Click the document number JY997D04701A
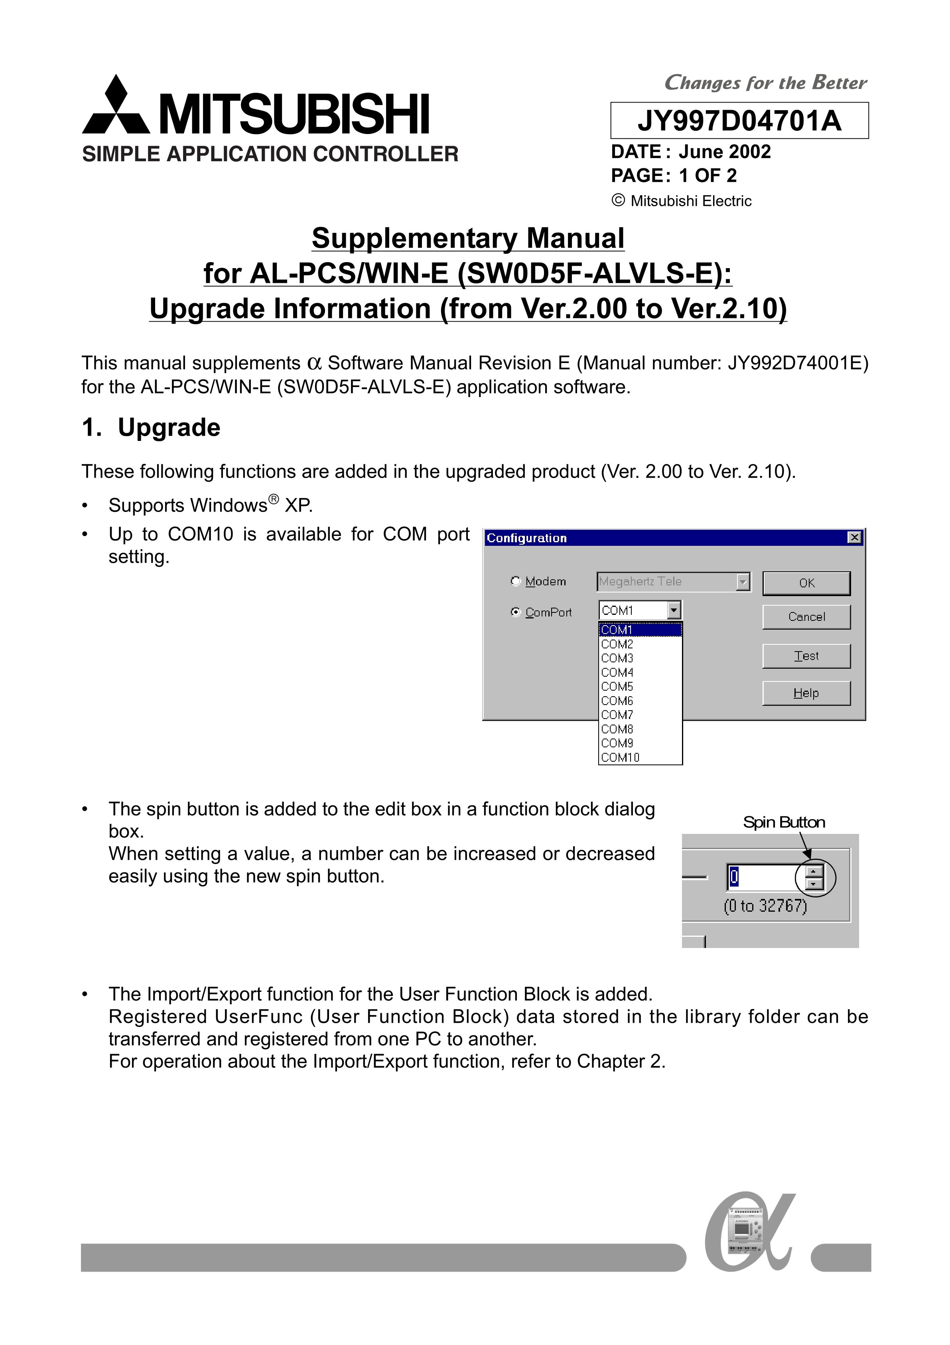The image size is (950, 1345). pos(739,120)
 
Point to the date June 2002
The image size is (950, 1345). pos(725,152)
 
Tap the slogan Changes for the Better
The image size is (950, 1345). pos(765,83)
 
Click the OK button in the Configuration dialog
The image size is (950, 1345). pos(806,583)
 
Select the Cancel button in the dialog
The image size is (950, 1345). pos(806,617)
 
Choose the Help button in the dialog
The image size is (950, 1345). pos(806,693)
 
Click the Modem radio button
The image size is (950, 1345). pos(515,581)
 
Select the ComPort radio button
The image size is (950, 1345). pos(515,612)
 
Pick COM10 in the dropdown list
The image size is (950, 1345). pos(620,757)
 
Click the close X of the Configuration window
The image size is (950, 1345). pos(855,537)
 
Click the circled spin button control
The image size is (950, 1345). pos(814,877)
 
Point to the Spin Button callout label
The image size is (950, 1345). pos(784,822)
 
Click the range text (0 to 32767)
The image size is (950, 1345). pos(765,906)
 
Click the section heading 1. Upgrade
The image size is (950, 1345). pos(151,428)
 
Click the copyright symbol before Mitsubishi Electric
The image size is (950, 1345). pos(618,200)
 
